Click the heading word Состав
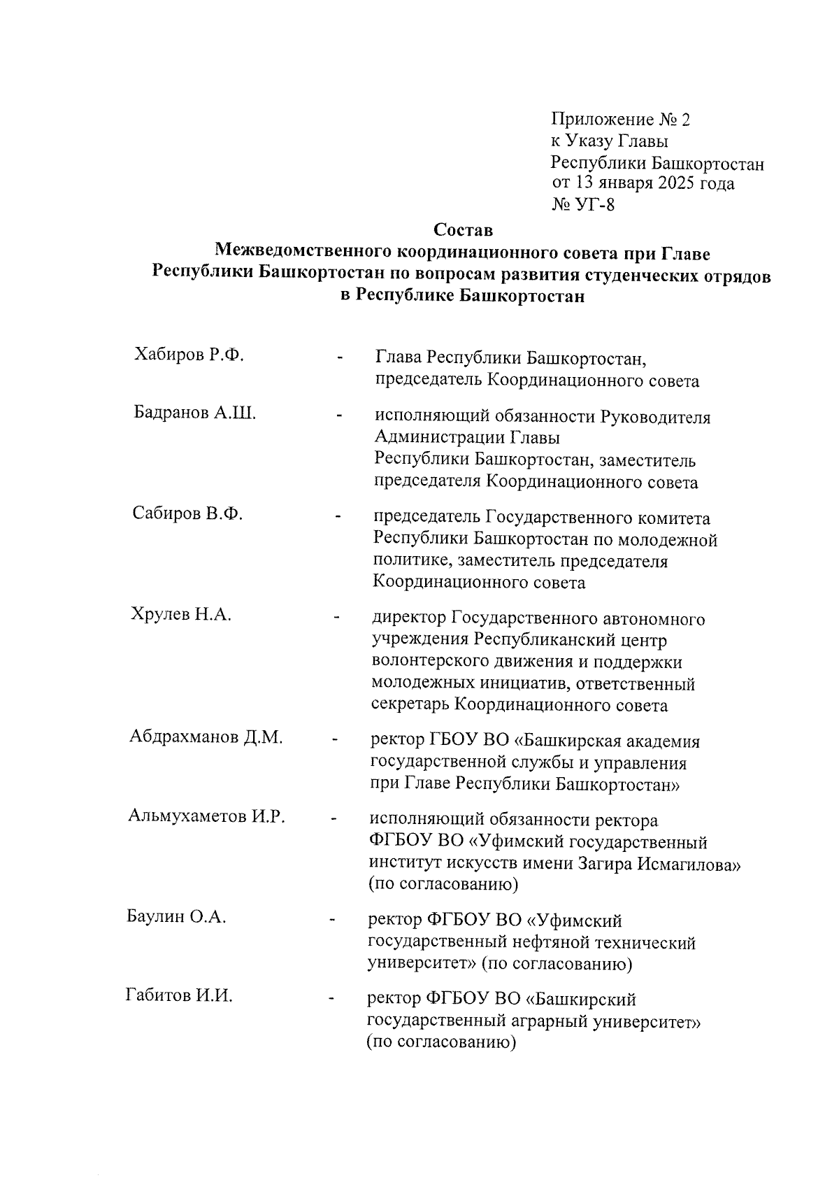[x=463, y=230]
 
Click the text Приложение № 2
[x=620, y=120]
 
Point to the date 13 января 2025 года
[x=654, y=184]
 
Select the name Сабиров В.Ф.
[x=187, y=513]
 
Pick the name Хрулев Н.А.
[x=181, y=615]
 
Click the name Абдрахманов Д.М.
[x=206, y=737]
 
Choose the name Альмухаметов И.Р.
[x=206, y=816]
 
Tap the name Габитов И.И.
[x=179, y=995]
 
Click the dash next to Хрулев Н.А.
[x=337, y=617]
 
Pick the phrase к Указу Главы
[x=609, y=141]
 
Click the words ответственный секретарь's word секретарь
[x=410, y=705]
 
